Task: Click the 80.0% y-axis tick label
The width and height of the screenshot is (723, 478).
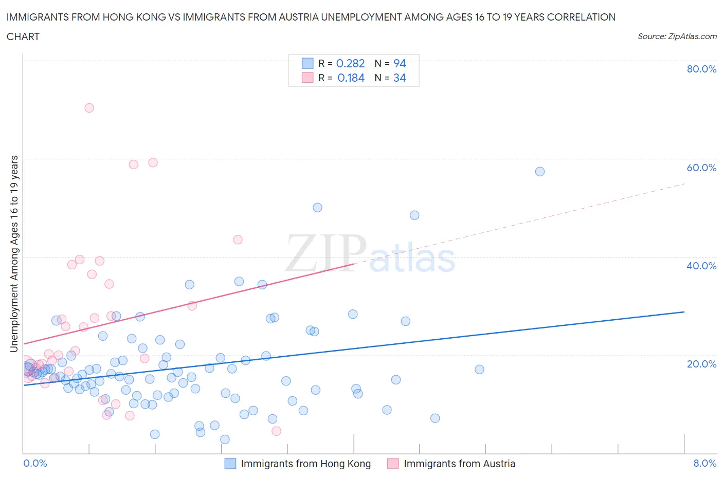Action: tap(701, 69)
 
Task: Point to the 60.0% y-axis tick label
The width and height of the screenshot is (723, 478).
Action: tap(701, 168)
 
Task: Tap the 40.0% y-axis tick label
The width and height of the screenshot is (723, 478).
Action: tap(701, 266)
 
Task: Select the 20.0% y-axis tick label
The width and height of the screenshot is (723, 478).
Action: tap(701, 364)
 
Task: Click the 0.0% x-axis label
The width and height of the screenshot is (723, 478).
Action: tap(35, 463)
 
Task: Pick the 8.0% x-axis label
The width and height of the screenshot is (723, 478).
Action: tap(704, 463)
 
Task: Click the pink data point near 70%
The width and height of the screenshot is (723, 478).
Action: tap(89, 108)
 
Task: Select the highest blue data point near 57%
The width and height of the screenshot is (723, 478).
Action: tap(540, 172)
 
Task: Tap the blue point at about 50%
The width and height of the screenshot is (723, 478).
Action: tap(318, 208)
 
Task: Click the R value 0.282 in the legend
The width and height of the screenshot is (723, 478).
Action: tap(350, 63)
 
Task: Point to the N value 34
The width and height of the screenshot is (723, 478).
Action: tap(400, 78)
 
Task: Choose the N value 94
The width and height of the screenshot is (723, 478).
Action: tap(400, 63)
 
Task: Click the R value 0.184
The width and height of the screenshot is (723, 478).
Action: tap(351, 78)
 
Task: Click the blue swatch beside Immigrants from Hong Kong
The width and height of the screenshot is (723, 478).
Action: tap(230, 464)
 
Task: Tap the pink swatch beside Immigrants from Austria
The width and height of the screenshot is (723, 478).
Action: tap(393, 464)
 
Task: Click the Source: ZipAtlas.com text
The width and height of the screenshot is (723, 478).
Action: tap(677, 36)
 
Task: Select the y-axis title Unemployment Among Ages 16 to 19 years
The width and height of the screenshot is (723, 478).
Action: tap(14, 254)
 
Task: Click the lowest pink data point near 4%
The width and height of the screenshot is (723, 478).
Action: tap(276, 431)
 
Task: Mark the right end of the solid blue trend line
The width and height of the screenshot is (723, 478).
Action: tap(684, 312)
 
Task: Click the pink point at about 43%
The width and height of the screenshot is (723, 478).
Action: tap(238, 240)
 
